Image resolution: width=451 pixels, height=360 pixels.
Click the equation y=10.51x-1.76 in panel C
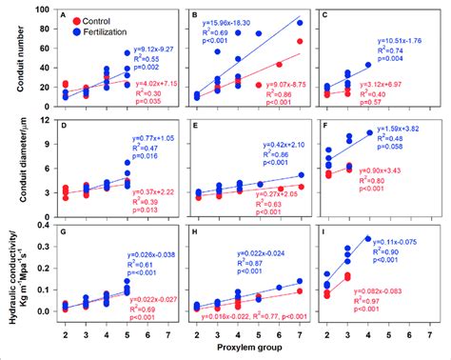click(404, 40)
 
